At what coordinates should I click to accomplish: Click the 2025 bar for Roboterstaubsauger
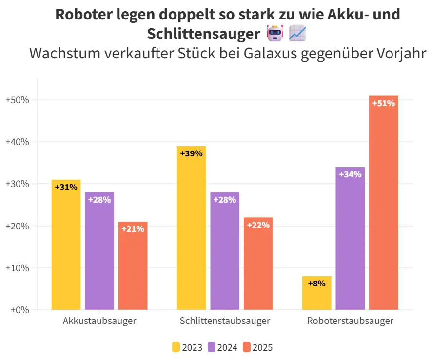384,205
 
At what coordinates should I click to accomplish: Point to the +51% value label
383,103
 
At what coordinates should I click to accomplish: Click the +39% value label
191,153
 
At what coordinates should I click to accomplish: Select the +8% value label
316,284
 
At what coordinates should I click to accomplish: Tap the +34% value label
350,174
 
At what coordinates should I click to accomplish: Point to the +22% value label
258,225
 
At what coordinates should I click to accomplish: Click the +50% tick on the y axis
18,100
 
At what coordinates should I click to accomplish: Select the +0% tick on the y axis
20,310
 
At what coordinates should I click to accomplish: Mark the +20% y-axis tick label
18,226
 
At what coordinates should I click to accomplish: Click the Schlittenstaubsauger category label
225,322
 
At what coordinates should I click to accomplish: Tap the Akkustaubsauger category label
99,322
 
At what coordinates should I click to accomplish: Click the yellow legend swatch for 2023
176,347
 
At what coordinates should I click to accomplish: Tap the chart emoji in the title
297,34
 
